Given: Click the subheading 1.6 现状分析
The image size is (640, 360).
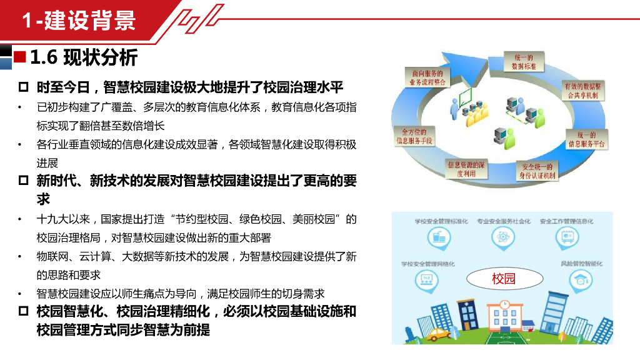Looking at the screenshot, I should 84,58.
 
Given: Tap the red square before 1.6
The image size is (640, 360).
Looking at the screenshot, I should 19,57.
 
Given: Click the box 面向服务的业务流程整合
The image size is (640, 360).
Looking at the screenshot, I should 428,77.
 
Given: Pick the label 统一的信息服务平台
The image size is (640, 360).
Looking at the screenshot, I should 587,139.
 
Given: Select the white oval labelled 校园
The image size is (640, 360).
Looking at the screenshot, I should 504,279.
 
